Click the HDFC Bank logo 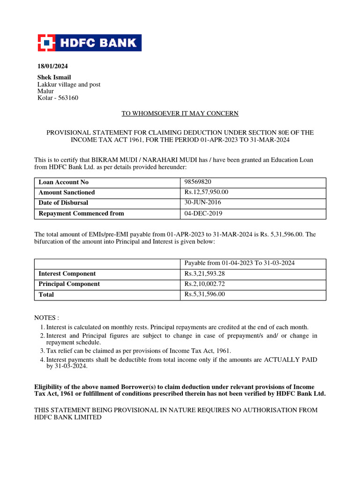pyautogui.click(x=90, y=43)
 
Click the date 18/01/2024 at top pyautogui.click(x=49, y=66)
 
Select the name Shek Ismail pyautogui.click(x=54, y=77)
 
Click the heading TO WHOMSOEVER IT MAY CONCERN pyautogui.click(x=180, y=113)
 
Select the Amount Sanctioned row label pyautogui.click(x=67, y=193)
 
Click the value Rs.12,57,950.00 pyautogui.click(x=207, y=192)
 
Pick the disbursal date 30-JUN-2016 pyautogui.click(x=203, y=202)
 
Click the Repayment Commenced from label pyautogui.click(x=81, y=213)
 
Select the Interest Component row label pyautogui.click(x=67, y=274)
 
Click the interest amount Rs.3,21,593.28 pyautogui.click(x=205, y=274)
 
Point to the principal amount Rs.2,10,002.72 pyautogui.click(x=205, y=284)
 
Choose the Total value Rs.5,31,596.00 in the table pyautogui.click(x=205, y=294)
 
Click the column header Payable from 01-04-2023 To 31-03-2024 pyautogui.click(x=240, y=263)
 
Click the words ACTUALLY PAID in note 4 pyautogui.click(x=291, y=360)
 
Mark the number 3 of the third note pyautogui.click(x=42, y=351)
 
